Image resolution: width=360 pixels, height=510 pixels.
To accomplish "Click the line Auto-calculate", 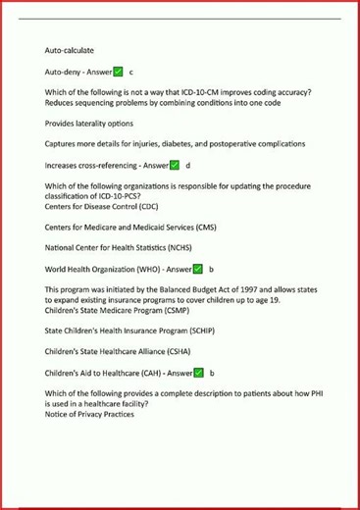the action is coord(70,49).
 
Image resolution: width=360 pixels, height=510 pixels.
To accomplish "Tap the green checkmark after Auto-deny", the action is coord(118,73).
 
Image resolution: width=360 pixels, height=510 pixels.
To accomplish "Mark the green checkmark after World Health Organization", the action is coord(197,269).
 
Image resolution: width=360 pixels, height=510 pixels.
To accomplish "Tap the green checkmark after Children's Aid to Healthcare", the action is coord(197,374).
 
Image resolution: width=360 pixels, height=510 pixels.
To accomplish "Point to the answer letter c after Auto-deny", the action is coord(131,73).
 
